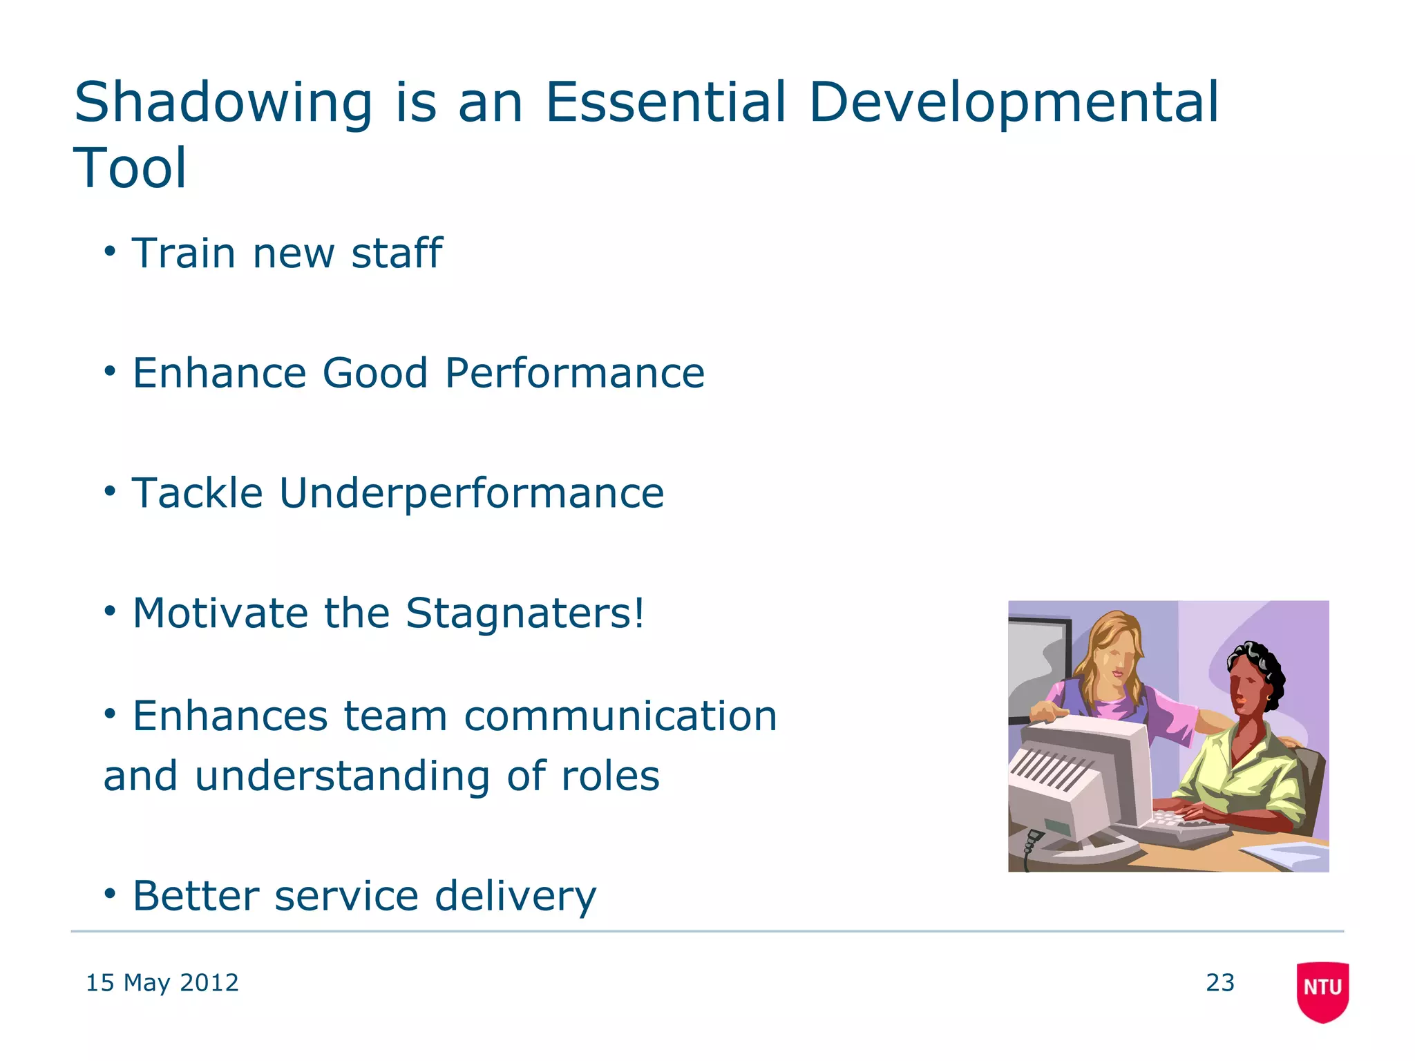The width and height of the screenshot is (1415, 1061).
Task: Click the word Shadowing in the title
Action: click(222, 104)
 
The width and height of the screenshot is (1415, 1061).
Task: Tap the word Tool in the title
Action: click(130, 168)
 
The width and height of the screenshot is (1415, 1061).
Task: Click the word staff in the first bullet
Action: click(397, 253)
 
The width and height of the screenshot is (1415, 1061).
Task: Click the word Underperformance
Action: click(471, 493)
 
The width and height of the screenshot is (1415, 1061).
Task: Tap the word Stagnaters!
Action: click(525, 613)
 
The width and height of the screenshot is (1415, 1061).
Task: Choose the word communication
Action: click(620, 716)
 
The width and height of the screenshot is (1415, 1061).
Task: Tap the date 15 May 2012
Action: click(162, 982)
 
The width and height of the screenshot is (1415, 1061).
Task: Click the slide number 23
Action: click(1219, 982)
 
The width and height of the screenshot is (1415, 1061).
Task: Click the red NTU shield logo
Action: click(1322, 991)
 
